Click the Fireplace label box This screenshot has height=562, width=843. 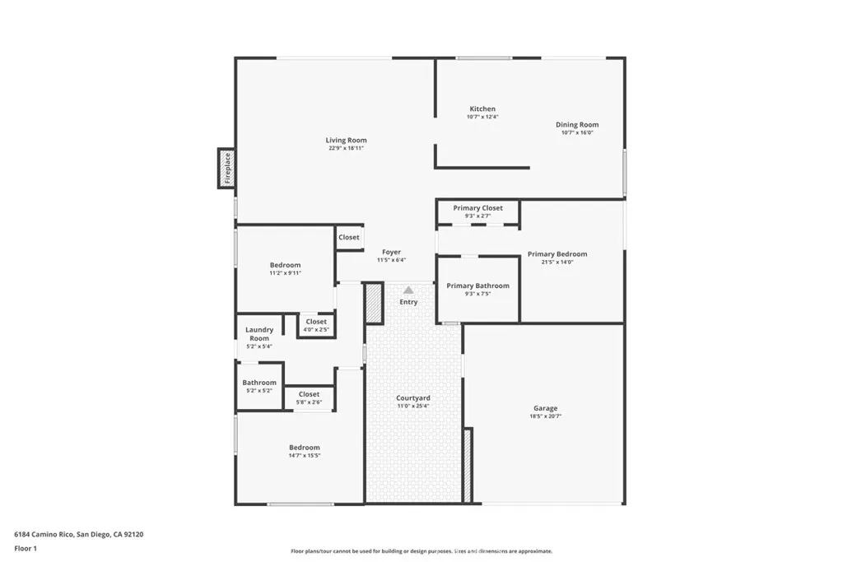[x=226, y=169]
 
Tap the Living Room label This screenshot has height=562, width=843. [x=346, y=141]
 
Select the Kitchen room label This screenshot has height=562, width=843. [x=482, y=109]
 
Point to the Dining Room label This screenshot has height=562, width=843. [x=577, y=125]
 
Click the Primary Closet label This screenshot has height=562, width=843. [x=477, y=208]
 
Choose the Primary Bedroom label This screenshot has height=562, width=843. [x=557, y=254]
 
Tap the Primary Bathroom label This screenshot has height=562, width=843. [x=477, y=286]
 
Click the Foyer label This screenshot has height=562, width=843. [x=392, y=253]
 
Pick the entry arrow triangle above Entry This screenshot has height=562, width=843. [x=408, y=290]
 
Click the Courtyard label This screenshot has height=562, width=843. [x=413, y=398]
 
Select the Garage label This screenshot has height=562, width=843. [x=545, y=408]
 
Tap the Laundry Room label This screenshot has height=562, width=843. [x=259, y=334]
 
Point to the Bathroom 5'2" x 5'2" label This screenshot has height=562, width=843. [x=259, y=383]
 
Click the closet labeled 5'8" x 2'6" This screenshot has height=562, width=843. [x=309, y=395]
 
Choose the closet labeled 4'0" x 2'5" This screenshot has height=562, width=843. [x=316, y=322]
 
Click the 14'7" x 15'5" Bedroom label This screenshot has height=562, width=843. [x=304, y=448]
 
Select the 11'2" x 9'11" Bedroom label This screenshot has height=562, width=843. [x=285, y=265]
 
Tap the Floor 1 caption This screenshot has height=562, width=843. [x=26, y=548]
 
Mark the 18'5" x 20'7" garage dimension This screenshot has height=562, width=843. [x=545, y=416]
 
